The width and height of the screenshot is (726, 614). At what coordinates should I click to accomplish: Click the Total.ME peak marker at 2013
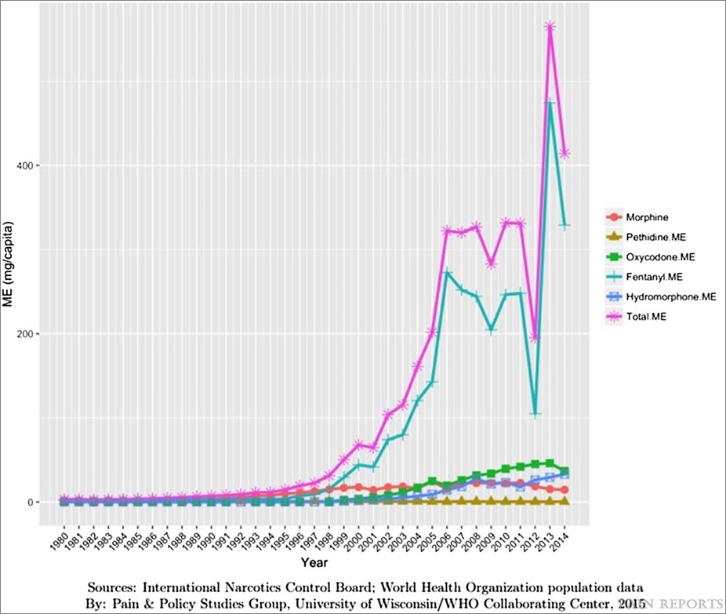click(550, 27)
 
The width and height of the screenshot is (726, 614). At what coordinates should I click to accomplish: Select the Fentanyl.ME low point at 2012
click(535, 413)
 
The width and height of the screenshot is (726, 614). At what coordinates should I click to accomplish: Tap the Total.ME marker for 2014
click(564, 154)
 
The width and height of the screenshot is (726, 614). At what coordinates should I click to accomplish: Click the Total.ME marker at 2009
click(491, 263)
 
